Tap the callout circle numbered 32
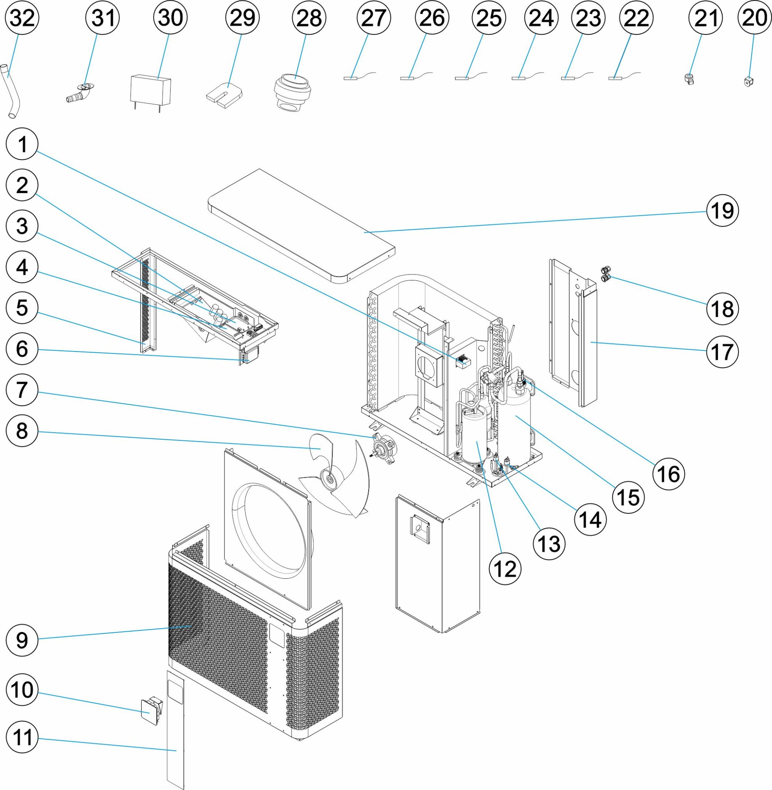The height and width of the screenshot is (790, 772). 23,18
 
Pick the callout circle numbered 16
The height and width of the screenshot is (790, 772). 668,474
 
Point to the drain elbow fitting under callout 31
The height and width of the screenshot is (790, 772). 79,93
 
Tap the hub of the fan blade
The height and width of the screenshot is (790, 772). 329,480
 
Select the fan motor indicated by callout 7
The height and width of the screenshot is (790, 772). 384,449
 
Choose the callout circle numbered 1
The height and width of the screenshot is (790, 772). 23,145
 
